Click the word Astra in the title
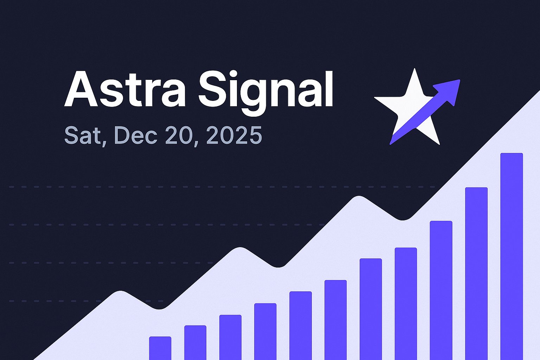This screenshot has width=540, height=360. tap(125, 89)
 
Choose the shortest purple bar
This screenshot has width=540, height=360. tap(160, 348)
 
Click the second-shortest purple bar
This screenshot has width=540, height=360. tap(195, 342)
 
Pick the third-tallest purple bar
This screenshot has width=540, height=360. tap(441, 290)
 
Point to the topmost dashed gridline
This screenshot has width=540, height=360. tap(176, 187)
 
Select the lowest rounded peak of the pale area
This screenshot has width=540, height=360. tap(120, 292)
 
